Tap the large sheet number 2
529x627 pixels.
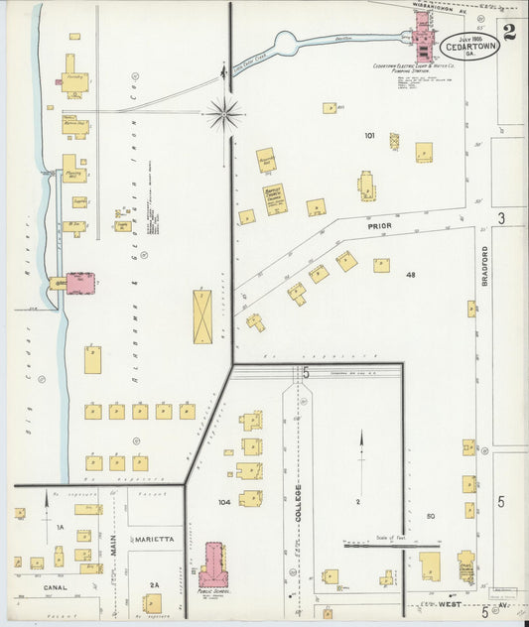pos(509,31)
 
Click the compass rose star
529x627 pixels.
pos(224,114)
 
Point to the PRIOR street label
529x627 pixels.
pos(380,226)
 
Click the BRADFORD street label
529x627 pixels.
pos(485,266)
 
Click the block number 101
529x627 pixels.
pos(370,135)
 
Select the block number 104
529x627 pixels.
pos(224,502)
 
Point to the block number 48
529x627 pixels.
pos(409,275)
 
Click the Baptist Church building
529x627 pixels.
pos(275,198)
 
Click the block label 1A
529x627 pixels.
pos(60,529)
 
